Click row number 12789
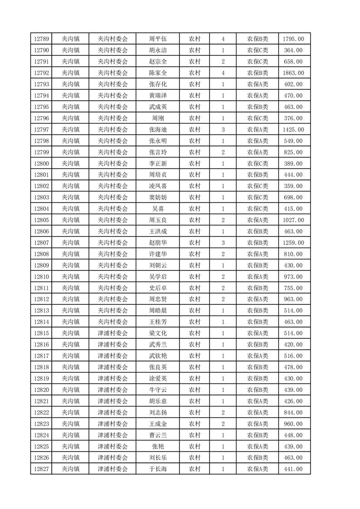(41, 39)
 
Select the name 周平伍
(158, 39)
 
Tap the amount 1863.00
(293, 73)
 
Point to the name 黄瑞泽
(158, 96)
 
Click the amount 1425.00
(293, 130)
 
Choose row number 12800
(41, 163)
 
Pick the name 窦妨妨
(158, 197)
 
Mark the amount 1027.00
(293, 220)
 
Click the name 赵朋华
(158, 243)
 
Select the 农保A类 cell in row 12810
(257, 277)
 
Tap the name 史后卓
(158, 288)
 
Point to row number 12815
(41, 333)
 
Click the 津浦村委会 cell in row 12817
(113, 356)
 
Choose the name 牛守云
(158, 390)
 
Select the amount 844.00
(293, 412)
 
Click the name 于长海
(158, 469)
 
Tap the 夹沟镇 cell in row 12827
(71, 469)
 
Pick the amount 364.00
(293, 50)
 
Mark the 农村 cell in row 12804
(195, 209)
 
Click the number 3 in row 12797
(223, 130)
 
